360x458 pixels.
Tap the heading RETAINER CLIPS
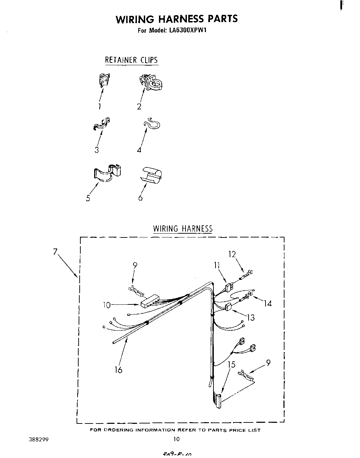click(131, 60)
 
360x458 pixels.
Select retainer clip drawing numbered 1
click(104, 80)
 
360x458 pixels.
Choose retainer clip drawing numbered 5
click(108, 172)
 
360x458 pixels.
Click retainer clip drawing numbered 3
click(102, 124)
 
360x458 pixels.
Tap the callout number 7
click(55, 252)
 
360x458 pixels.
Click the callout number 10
click(107, 305)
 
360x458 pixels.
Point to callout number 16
click(118, 370)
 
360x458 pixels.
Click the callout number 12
click(232, 254)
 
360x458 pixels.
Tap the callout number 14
click(268, 303)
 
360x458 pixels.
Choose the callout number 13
click(251, 317)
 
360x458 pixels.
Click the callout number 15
click(231, 364)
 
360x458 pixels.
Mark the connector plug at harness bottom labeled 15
click(218, 401)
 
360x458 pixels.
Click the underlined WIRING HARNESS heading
click(183, 228)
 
